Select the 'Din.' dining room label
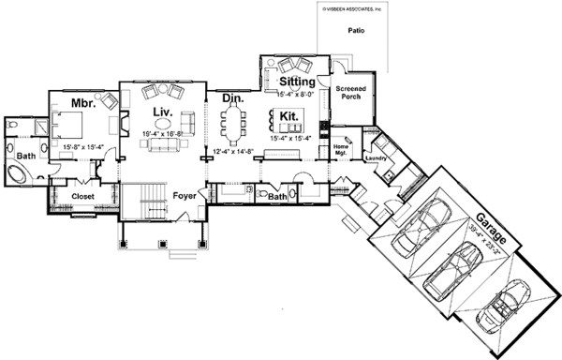233,97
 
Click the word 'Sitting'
299,82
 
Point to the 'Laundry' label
378,158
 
